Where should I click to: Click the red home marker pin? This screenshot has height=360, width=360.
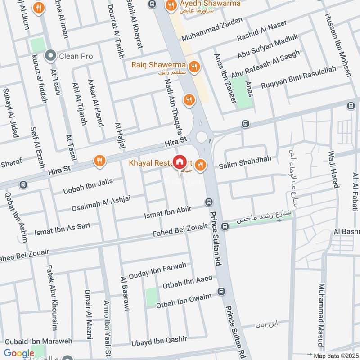(180, 162)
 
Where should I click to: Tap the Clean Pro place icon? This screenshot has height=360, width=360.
(50, 56)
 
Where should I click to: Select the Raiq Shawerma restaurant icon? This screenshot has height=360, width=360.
(194, 67)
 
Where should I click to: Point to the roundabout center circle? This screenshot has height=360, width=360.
(201, 135)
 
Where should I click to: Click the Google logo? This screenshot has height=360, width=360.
(19, 353)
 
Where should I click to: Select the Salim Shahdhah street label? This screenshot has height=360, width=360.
(245, 166)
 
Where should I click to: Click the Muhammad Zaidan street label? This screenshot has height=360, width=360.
(212, 30)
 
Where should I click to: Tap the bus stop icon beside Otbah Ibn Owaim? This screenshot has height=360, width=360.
(221, 291)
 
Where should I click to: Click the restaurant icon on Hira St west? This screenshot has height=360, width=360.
(99, 160)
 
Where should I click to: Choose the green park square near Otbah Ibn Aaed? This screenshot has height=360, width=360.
(152, 297)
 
